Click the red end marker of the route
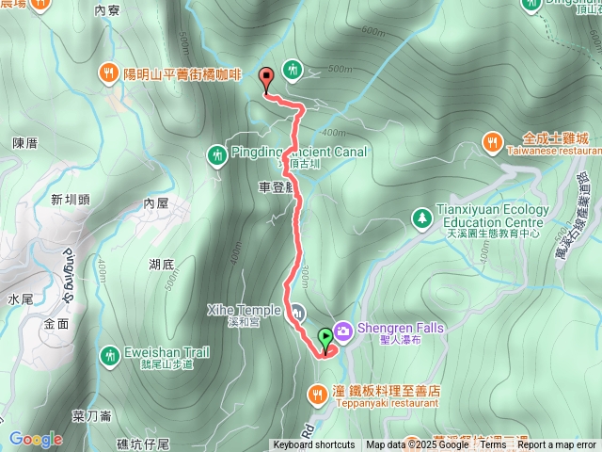266,80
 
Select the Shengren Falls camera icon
341,329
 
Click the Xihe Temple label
244,310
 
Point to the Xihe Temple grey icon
297,311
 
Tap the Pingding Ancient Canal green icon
217,153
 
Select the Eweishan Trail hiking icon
108,354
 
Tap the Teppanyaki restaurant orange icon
318,390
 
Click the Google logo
36,439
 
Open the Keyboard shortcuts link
314,445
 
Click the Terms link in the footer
493,445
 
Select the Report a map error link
558,445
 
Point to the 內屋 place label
156,203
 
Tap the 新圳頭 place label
71,200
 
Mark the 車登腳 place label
277,187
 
